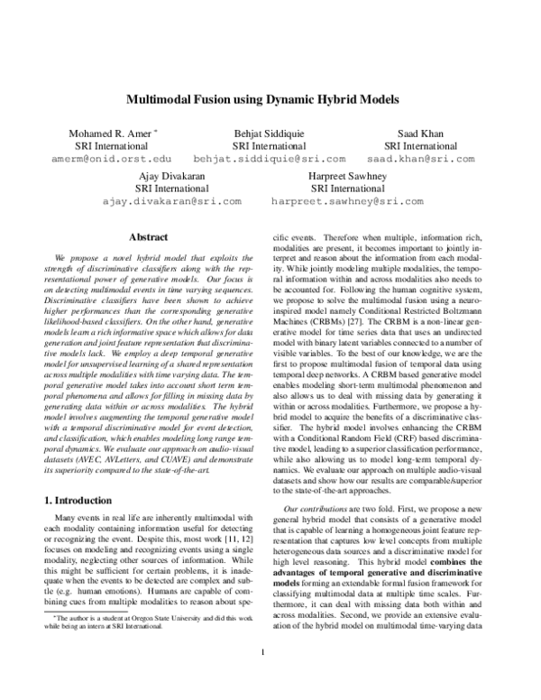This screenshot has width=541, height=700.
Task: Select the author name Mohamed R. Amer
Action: coord(105,134)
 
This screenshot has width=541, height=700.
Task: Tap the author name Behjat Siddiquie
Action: coord(270,134)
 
